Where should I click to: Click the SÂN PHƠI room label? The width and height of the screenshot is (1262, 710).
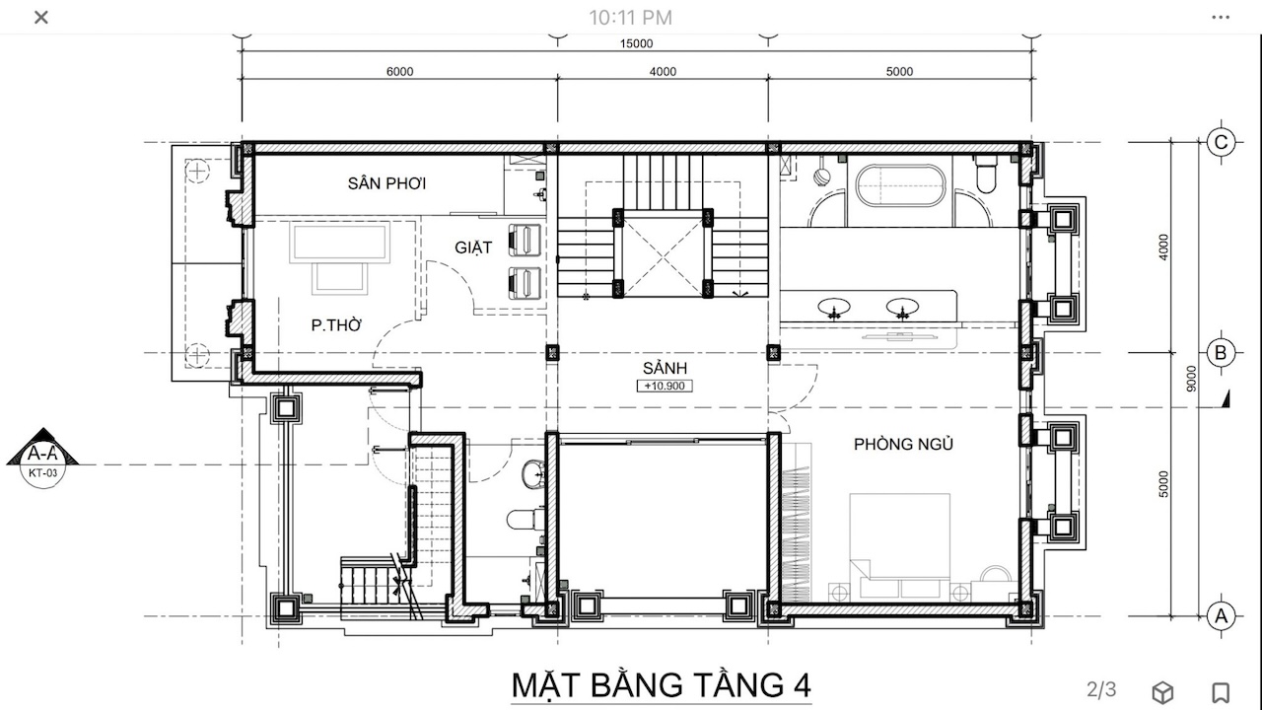(386, 183)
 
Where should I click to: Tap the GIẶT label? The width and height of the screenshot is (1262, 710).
(473, 248)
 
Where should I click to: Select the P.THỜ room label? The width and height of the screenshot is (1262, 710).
(336, 325)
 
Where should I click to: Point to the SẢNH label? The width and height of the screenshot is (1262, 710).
(665, 368)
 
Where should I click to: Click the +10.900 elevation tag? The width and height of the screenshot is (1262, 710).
(665, 386)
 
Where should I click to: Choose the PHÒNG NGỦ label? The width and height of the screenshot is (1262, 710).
(903, 444)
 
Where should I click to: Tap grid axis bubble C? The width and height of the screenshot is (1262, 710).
(1221, 142)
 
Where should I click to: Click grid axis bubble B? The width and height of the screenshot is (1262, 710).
(1221, 353)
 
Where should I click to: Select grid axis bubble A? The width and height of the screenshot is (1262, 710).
(1221, 616)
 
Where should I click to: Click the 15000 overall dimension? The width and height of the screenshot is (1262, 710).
(637, 43)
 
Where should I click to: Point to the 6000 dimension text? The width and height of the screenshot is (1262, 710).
(399, 72)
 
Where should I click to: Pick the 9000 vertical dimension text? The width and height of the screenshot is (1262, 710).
(1190, 379)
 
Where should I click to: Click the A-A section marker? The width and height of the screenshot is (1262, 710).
(42, 459)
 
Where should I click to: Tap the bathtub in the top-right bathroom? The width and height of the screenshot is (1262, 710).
(900, 185)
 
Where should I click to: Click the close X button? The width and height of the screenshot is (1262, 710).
(41, 18)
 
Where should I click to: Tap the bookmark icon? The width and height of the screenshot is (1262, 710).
(1221, 692)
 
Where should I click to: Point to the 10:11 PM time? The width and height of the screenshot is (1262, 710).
(630, 18)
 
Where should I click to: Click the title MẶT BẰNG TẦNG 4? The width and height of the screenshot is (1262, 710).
(661, 685)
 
